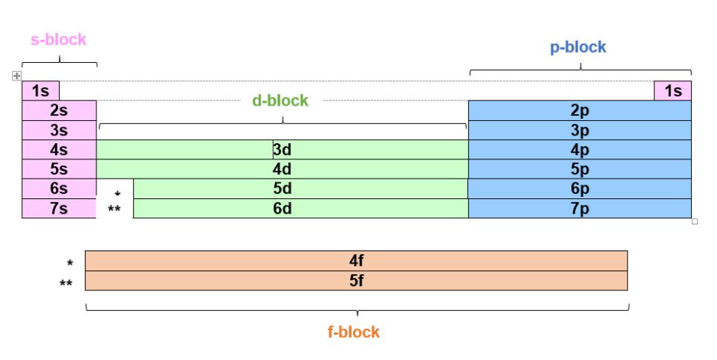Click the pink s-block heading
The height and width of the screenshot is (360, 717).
click(58, 39)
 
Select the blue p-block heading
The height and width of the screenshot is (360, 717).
click(578, 47)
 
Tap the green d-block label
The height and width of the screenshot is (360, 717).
click(280, 100)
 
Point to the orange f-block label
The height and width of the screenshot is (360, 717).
click(354, 332)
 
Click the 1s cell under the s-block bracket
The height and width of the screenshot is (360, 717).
click(41, 91)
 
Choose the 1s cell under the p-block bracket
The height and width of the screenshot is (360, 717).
click(673, 91)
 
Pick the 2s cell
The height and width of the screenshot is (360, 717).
click(59, 110)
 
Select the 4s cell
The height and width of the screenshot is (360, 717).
click(59, 150)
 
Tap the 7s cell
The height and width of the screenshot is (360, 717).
click(59, 208)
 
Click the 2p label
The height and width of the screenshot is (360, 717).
click(579, 110)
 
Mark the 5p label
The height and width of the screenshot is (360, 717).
click(579, 169)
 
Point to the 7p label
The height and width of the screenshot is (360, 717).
click(579, 208)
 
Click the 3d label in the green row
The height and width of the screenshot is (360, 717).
click(282, 150)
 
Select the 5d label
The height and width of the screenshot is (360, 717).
click(282, 188)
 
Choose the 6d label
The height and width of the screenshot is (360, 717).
click(282, 208)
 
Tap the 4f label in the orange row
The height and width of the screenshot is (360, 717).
click(356, 260)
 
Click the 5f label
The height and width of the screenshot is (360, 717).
click(356, 280)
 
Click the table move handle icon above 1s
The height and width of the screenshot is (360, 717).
click(16, 76)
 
